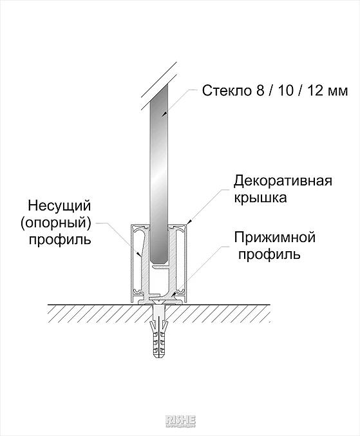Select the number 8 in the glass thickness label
pyautogui.click(x=260, y=91)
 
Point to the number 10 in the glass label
pyautogui.click(x=285, y=91)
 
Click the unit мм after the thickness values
pyautogui.click(x=337, y=92)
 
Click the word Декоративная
pyautogui.click(x=283, y=181)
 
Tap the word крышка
pyautogui.click(x=260, y=198)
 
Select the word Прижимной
pyautogui.click(x=274, y=237)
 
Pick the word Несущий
pyautogui.click(x=59, y=206)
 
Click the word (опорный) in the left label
pyautogui.click(x=55, y=223)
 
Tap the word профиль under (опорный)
pyautogui.click(x=60, y=240)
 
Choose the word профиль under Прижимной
pyautogui.click(x=269, y=254)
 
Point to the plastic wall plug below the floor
pyautogui.click(x=158, y=331)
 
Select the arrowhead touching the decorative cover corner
pyautogui.click(x=189, y=222)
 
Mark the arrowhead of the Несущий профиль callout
pyautogui.click(x=140, y=253)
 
